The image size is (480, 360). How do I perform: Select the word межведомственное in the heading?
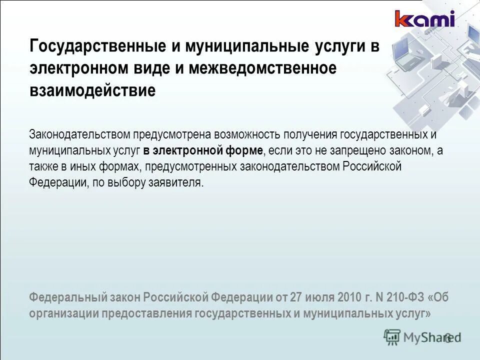tap(262, 69)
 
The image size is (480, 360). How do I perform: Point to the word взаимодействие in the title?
tap(92, 91)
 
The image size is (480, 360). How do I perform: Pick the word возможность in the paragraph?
tap(246, 134)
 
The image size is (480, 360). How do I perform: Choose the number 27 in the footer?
tap(296, 297)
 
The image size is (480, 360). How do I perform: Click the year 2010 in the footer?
tap(348, 297)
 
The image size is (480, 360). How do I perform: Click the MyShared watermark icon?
tap(392, 336)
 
